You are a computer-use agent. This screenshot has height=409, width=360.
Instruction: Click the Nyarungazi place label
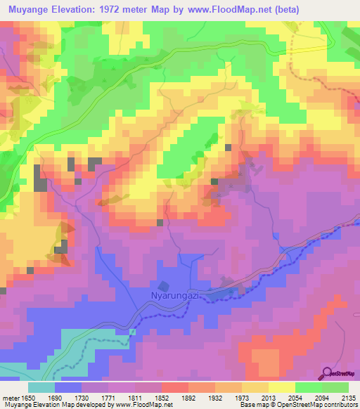[x=172, y=297]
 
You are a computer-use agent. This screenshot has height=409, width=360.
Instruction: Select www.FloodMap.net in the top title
[x=233, y=10]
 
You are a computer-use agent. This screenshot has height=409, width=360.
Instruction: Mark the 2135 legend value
[x=349, y=398]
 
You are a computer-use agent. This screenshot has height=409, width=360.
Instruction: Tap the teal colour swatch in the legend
[x=41, y=387]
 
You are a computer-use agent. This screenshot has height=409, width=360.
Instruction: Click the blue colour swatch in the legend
[x=68, y=387]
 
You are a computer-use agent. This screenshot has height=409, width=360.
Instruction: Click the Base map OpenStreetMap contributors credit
[x=303, y=405]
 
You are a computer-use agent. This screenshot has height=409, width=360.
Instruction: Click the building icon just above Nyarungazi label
[x=165, y=286]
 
